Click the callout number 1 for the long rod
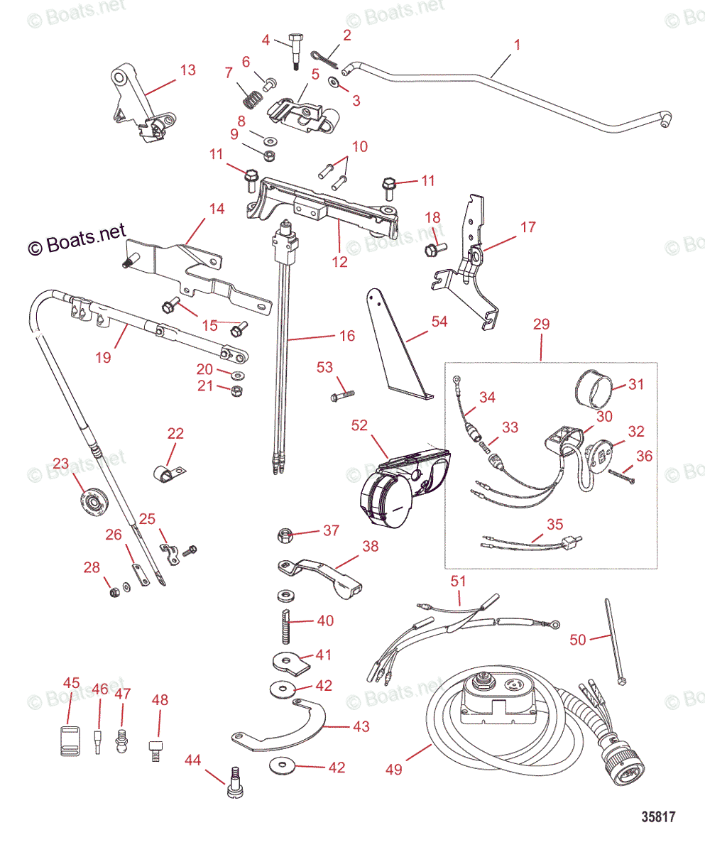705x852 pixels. pos(517,45)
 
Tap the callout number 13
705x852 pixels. pos(187,70)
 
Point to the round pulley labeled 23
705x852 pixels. pos(91,502)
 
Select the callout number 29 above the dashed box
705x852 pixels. pos(541,323)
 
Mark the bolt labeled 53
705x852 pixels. pos(341,392)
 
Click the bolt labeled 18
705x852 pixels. pos(433,248)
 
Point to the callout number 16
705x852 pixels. pos(346,336)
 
